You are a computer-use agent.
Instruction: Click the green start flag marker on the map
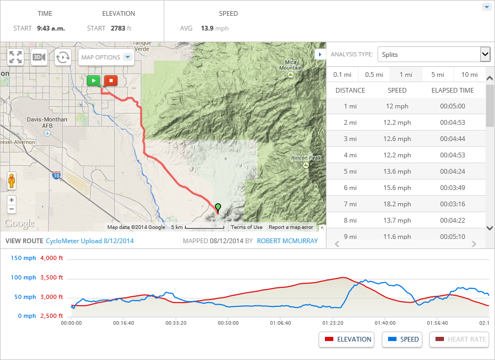click(x=93, y=81)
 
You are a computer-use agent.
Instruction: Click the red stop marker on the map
click(x=111, y=81)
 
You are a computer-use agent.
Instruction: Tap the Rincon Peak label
click(x=305, y=158)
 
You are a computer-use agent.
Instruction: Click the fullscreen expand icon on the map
click(x=16, y=57)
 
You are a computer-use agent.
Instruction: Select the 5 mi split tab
click(x=437, y=75)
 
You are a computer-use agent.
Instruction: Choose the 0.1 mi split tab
click(x=342, y=75)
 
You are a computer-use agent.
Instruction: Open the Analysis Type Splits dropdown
click(x=434, y=54)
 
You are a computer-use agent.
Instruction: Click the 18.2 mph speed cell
click(x=397, y=204)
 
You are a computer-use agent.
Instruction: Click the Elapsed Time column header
click(x=452, y=91)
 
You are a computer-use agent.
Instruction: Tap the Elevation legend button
click(x=347, y=339)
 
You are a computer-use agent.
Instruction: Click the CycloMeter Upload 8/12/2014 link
click(x=90, y=241)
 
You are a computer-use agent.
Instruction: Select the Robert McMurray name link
click(x=288, y=241)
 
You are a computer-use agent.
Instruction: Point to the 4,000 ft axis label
click(x=52, y=258)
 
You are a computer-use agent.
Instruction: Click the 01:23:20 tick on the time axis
click(x=332, y=323)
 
